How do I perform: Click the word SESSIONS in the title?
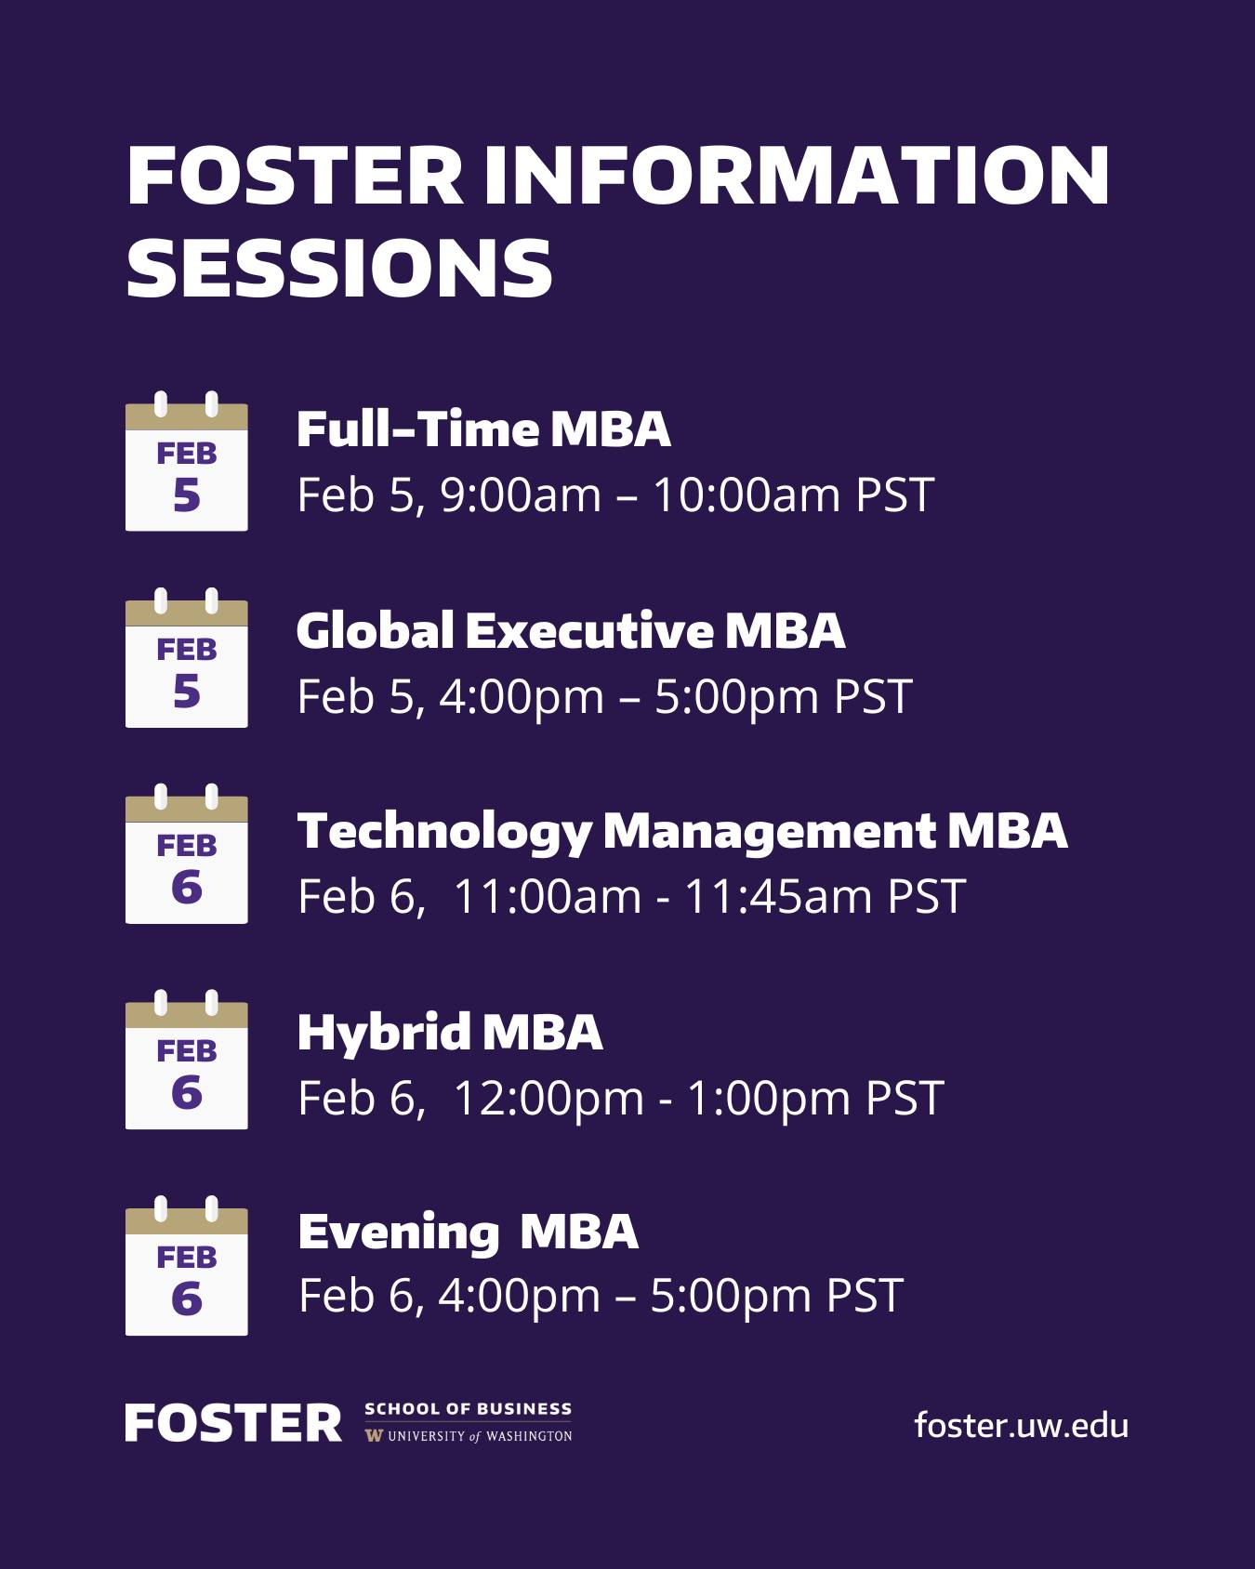(339, 267)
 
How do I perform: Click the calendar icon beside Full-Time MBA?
(187, 462)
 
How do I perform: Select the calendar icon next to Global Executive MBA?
(187, 658)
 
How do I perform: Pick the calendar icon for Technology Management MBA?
(187, 854)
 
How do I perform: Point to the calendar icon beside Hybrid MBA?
(187, 1060)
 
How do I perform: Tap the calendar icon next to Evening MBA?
(187, 1266)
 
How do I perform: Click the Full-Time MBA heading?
(483, 429)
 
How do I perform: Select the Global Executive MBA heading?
(571, 630)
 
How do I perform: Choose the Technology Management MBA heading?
(682, 832)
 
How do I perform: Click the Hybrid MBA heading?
(450, 1033)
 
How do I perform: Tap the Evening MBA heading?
(469, 1233)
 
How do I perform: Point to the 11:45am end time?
(778, 897)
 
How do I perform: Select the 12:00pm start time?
(548, 1098)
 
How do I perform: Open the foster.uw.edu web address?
(1021, 1424)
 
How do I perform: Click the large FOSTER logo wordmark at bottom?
(234, 1424)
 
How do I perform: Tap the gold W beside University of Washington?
(374, 1436)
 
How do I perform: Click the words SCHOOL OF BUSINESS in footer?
(469, 1409)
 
